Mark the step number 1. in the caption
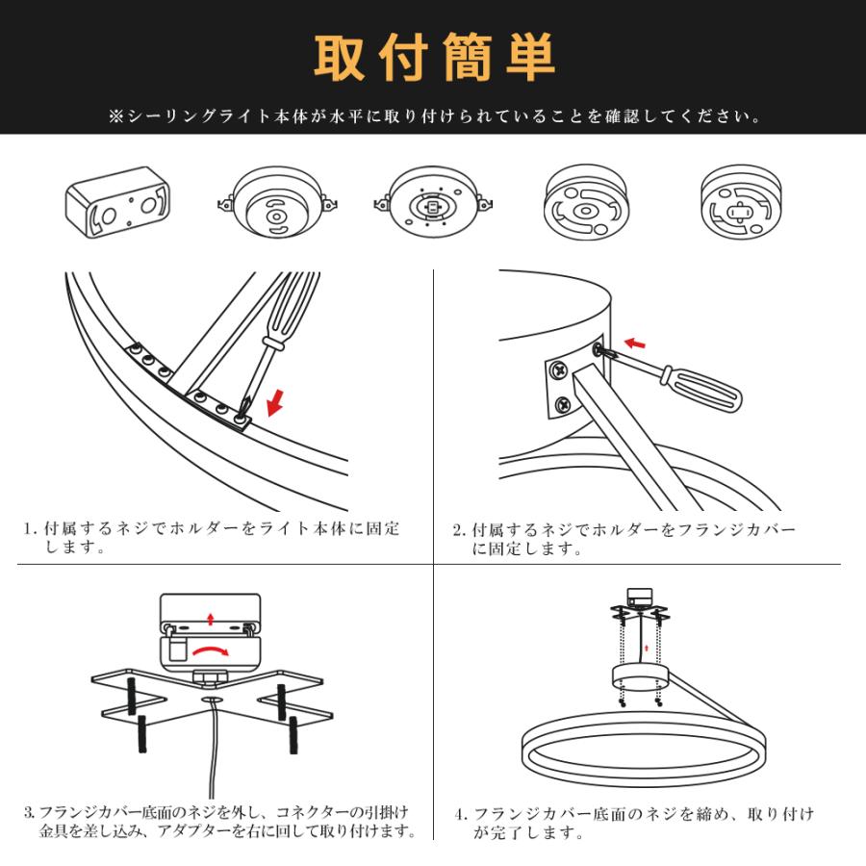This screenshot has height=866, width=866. [x=31, y=529]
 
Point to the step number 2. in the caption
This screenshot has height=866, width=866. [x=460, y=530]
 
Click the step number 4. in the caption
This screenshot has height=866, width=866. [x=461, y=814]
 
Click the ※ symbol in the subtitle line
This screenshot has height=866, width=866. [x=115, y=117]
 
